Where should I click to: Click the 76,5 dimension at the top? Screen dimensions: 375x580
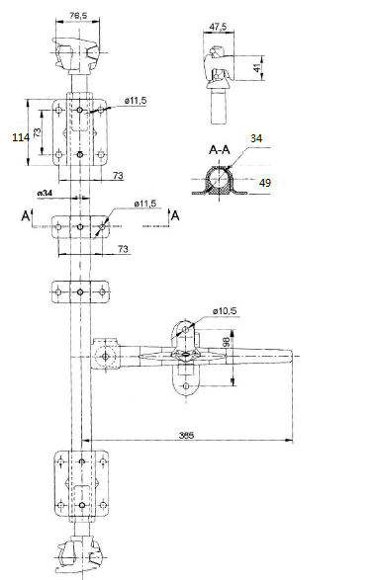(x=78, y=15)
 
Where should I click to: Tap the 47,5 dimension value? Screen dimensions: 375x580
(x=218, y=27)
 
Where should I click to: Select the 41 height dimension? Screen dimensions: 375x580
(x=257, y=68)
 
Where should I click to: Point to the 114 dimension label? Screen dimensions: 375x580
(x=21, y=137)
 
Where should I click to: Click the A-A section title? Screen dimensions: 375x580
(x=220, y=149)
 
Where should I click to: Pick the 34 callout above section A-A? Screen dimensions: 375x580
(x=256, y=138)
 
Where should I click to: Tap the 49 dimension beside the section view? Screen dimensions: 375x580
(x=265, y=183)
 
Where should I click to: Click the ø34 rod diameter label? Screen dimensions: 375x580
(x=45, y=193)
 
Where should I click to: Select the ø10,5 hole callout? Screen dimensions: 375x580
(x=225, y=311)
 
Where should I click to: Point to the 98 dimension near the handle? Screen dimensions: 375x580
(x=226, y=342)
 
